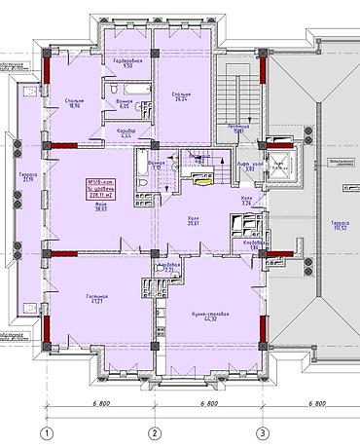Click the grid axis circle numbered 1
[x=45, y=432]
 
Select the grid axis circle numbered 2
[x=153, y=432]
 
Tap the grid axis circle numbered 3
[x=261, y=432]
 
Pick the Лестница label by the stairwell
[x=242, y=128]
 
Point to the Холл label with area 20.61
[x=193, y=220]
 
